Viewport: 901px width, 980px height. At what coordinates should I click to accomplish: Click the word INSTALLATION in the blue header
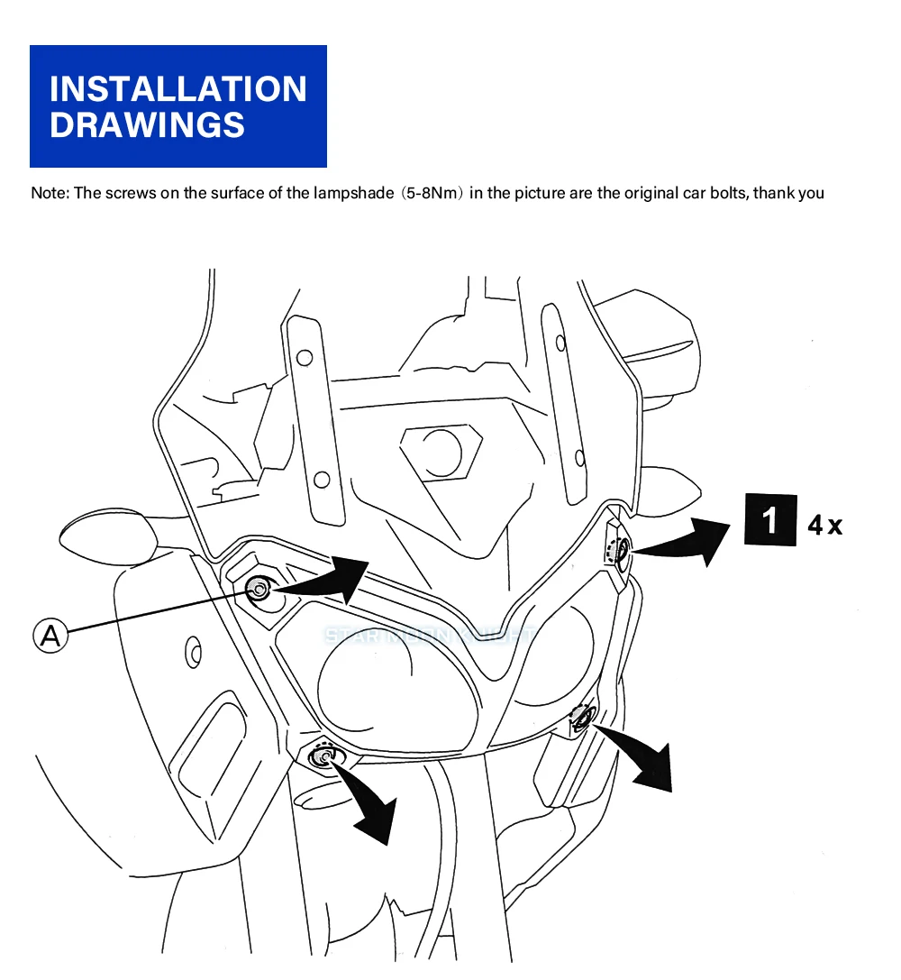(177, 89)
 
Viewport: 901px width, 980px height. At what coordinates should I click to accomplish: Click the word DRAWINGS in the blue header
(147, 124)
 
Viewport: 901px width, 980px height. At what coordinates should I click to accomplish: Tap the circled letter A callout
(51, 636)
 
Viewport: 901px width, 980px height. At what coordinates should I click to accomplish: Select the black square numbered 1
(770, 521)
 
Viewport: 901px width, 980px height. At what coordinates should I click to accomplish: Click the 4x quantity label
(824, 525)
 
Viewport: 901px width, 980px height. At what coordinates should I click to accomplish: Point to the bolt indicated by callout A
(259, 591)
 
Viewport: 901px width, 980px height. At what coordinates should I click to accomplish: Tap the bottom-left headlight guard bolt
(323, 756)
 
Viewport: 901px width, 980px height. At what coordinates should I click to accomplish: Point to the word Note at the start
(49, 193)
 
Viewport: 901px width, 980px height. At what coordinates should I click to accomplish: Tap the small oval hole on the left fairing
(192, 651)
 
